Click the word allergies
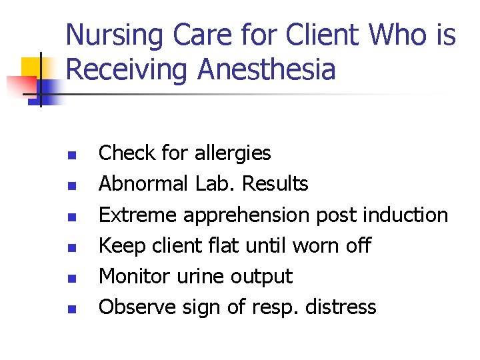point(233,153)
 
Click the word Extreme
point(137,215)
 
